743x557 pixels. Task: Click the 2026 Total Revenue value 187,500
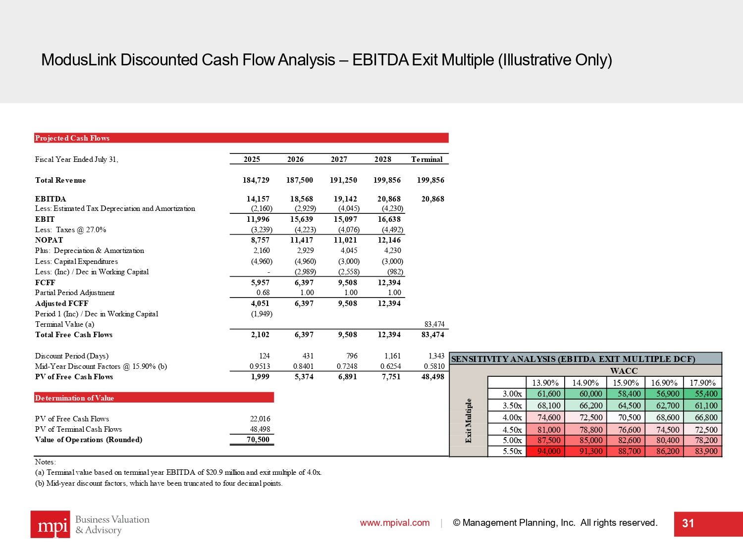pos(299,180)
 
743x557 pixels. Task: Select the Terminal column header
pos(426,159)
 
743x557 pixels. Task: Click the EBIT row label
pos(45,219)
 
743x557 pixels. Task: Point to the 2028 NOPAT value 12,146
pos(389,240)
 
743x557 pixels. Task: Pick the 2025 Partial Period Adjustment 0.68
pos(263,293)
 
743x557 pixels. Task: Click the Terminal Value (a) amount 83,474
pos(434,324)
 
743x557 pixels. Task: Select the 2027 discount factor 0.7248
pos(347,366)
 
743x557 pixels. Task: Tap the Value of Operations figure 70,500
pos(258,440)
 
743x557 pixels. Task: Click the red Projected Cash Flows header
pos(241,138)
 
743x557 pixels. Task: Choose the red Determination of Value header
pos(154,398)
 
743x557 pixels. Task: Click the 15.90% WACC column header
pos(626,383)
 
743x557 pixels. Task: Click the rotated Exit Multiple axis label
pos(469,420)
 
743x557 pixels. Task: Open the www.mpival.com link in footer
pos(395,523)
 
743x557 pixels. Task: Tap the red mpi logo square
pos(51,524)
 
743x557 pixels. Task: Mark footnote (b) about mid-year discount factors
pos(159,483)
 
